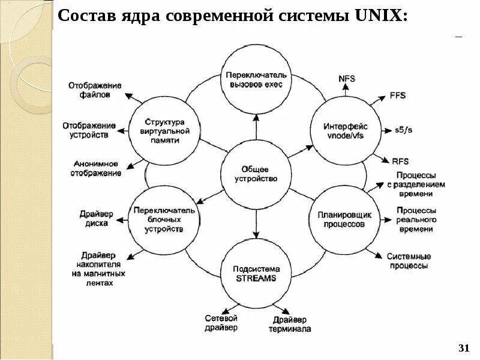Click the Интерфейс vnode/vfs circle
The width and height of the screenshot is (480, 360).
[344, 131]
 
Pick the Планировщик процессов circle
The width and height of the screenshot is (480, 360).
[344, 219]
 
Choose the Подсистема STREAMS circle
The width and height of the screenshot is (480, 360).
[256, 274]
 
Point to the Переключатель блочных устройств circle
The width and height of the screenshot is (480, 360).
[164, 219]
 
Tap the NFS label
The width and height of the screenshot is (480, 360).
[346, 78]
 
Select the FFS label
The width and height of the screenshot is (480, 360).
[398, 95]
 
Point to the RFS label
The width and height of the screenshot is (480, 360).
[400, 160]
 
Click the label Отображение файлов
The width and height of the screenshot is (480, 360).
[95, 89]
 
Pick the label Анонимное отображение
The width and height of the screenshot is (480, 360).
[97, 168]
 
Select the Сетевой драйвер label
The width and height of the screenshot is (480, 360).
[221, 323]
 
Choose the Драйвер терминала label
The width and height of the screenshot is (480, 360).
[290, 324]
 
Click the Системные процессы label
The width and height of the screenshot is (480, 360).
[408, 260]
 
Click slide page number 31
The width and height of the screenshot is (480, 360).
[463, 349]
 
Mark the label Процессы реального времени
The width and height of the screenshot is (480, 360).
[416, 220]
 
